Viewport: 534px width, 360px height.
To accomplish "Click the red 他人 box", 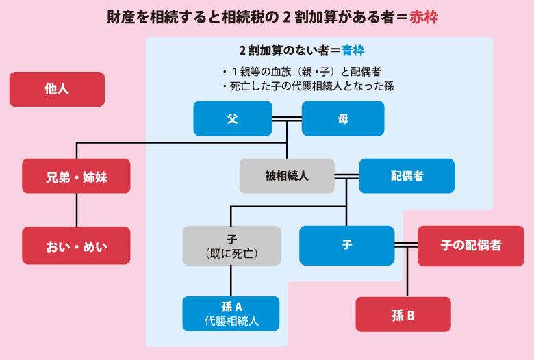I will click(57, 89).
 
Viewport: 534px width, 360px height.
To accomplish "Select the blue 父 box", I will click(232, 118).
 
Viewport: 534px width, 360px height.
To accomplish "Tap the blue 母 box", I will click(343, 118).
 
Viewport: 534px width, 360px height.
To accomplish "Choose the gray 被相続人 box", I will click(287, 176).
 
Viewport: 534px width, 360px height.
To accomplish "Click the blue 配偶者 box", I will click(407, 176).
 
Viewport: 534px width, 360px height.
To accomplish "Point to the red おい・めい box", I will click(76, 245).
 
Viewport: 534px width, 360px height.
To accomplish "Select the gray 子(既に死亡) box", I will click(231, 245).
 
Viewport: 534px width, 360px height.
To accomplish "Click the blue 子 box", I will click(346, 245).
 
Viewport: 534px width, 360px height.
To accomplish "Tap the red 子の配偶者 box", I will click(470, 245).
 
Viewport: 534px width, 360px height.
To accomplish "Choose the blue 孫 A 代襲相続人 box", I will click(231, 313).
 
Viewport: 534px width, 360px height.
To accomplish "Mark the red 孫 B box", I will click(403, 314).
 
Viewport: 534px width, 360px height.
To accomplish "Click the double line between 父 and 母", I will click(287, 118).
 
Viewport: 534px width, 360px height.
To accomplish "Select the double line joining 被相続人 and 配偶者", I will click(346, 176).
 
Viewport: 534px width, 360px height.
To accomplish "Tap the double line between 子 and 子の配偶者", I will click(406, 245).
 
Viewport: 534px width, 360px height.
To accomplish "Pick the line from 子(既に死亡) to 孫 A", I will click(231, 281).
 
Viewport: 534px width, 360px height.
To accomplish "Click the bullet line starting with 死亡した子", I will click(307, 87).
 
